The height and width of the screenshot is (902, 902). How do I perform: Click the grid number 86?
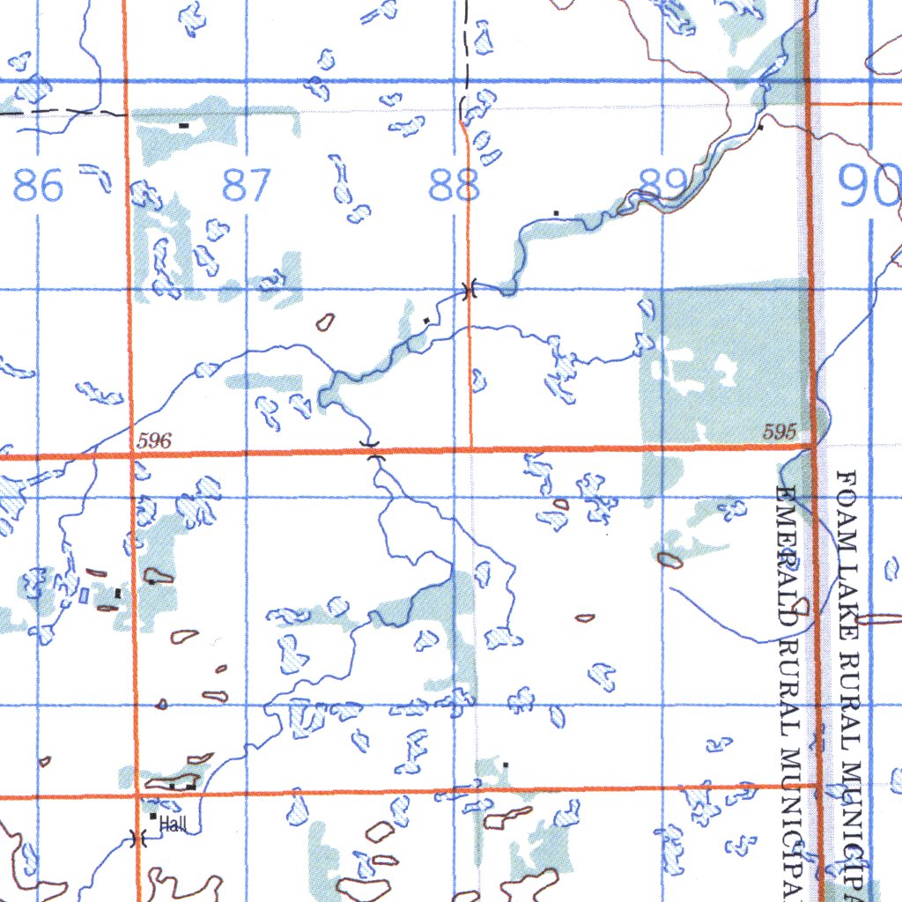39,186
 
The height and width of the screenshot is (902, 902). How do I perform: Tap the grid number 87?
247,186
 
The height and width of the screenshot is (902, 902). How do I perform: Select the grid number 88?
455,186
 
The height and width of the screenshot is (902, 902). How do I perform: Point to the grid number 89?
663,184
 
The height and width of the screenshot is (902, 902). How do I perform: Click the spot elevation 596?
155,441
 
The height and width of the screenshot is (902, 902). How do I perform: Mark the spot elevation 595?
780,432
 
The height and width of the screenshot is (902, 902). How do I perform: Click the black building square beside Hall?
153,817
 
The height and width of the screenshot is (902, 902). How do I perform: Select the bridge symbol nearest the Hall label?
137,838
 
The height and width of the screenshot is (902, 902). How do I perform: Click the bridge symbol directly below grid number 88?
469,288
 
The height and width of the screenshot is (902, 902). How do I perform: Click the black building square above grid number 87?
184,126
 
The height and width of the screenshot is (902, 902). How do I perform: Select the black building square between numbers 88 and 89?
556,212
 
